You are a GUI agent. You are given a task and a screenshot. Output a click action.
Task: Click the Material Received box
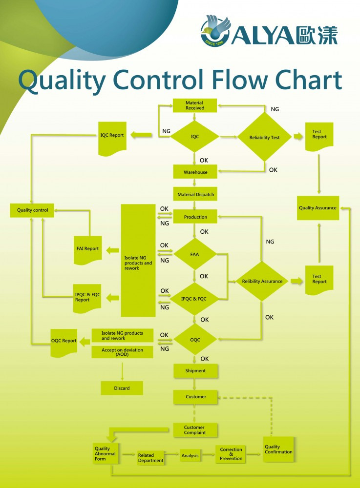[195, 105]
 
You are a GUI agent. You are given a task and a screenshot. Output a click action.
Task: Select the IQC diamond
[195, 137]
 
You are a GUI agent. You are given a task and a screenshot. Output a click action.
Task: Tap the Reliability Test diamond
[264, 138]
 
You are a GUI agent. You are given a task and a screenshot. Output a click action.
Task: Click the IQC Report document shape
[112, 136]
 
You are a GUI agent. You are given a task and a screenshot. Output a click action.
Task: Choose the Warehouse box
[195, 172]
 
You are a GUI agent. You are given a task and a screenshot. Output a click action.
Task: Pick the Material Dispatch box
[195, 194]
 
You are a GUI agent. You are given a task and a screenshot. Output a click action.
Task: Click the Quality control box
[32, 210]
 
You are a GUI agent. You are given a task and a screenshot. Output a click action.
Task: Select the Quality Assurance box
[318, 208]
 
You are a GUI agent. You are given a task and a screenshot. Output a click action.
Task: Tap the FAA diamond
[194, 254]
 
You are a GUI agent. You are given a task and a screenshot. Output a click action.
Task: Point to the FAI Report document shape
[88, 249]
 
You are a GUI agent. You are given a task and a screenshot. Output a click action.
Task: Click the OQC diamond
[195, 340]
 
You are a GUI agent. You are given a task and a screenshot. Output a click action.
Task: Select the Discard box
[122, 388]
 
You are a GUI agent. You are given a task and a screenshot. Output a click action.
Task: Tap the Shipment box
[195, 371]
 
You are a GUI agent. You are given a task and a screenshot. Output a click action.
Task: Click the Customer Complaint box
[195, 430]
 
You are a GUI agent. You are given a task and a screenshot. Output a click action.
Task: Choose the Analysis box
[191, 455]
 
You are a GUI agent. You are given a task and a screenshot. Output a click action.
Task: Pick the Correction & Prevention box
[231, 454]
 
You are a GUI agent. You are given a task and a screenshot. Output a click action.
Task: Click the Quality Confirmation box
[279, 449]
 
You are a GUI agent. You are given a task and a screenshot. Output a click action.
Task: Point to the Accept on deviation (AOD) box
[122, 352]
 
